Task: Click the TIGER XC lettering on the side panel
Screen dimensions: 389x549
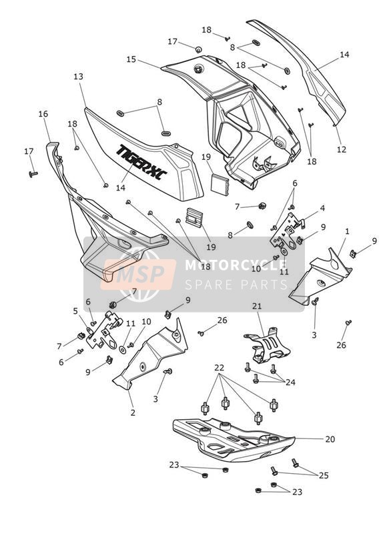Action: (x=141, y=161)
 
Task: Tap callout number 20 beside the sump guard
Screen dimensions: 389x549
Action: (x=330, y=439)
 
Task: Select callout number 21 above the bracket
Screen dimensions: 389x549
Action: (x=257, y=306)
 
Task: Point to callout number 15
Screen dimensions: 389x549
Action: (x=131, y=59)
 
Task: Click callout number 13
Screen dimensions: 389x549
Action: (x=79, y=77)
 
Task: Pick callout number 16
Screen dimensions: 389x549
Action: (x=43, y=114)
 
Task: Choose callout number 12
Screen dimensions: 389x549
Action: (x=342, y=149)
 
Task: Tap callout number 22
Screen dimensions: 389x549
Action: (x=220, y=368)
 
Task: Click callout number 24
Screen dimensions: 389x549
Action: (x=290, y=382)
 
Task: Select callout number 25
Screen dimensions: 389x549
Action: (x=324, y=476)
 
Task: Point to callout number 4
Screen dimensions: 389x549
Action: (x=322, y=209)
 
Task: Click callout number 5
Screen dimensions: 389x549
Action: (x=75, y=311)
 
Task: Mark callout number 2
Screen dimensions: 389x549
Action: (x=133, y=413)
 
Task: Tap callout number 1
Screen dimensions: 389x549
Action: (x=347, y=231)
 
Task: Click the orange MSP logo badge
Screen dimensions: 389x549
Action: (x=138, y=274)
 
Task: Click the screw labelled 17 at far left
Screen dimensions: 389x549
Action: (x=33, y=174)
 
